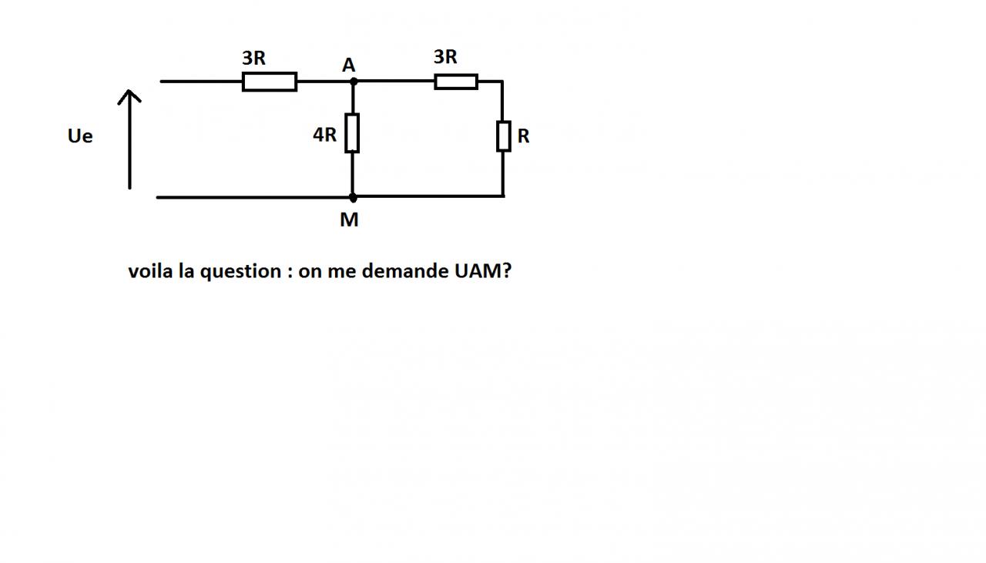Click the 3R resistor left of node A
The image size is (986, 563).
pos(269,81)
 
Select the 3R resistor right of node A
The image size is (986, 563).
pos(455,81)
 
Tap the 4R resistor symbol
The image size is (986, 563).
pos(352,132)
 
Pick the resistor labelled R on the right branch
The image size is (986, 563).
pos(503,136)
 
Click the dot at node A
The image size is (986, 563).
pos(353,81)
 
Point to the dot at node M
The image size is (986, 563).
pos(353,197)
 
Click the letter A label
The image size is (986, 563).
pos(349,65)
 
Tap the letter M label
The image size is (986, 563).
pos(349,220)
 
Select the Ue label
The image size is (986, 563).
pos(80,136)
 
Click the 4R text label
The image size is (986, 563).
pos(324,135)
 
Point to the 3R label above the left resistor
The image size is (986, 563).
pos(253,58)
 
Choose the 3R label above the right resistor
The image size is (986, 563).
pos(445,56)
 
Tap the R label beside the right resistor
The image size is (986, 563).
pos(524,136)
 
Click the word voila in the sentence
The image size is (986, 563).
pos(150,271)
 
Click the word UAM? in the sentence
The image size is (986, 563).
pos(478,271)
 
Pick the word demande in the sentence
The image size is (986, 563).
pos(401,271)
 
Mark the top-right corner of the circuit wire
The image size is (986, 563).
pos(503,81)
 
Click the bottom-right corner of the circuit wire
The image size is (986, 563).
pos(503,196)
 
